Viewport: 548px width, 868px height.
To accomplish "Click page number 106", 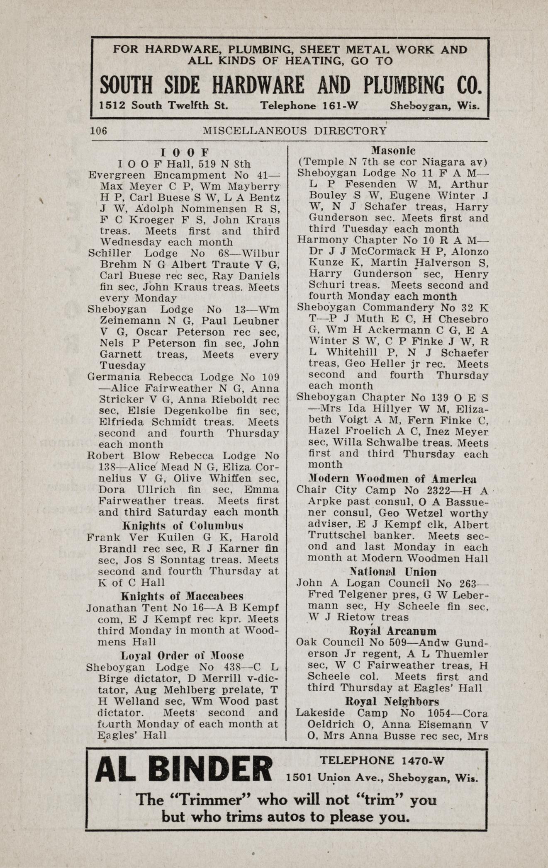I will (x=99, y=131).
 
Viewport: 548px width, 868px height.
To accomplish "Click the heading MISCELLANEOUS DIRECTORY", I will (x=295, y=131).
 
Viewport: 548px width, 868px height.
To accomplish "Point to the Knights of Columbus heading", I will (x=183, y=526).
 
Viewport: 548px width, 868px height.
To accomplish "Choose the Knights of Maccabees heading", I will (x=182, y=596).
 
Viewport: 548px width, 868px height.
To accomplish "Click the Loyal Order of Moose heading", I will (x=182, y=656).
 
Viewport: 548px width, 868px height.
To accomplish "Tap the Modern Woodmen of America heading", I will (x=392, y=479).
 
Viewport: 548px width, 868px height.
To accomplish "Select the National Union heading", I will (x=392, y=572).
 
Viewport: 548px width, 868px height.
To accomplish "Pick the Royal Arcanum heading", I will (x=393, y=631).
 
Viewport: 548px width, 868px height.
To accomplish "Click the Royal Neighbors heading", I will (x=392, y=701).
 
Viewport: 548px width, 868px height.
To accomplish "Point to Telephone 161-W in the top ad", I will (x=309, y=106).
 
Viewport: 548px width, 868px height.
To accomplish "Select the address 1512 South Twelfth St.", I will (x=164, y=106).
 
